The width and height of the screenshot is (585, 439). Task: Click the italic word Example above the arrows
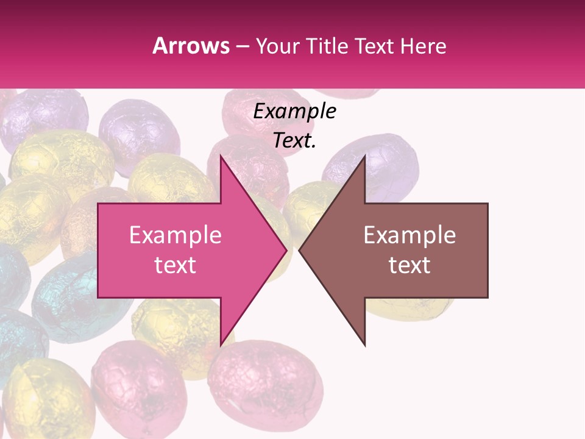point(294,111)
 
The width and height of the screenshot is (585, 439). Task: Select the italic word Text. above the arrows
point(294,141)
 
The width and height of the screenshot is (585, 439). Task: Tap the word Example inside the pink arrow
point(175,235)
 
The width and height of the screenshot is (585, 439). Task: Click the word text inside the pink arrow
point(175,265)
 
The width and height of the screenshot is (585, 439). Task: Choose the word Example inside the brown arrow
point(409,235)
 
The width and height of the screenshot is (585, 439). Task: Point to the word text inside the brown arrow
point(409,265)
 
